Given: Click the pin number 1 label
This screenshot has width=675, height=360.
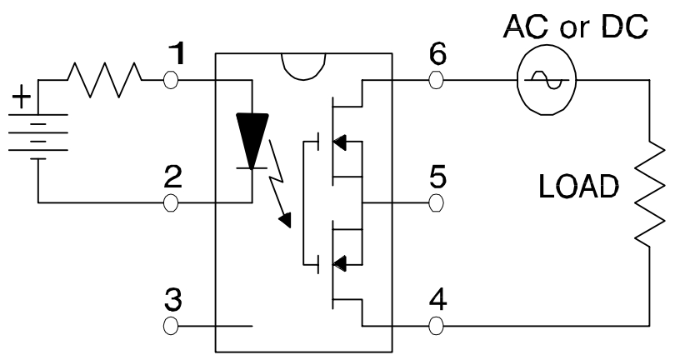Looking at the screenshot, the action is pos(177,53).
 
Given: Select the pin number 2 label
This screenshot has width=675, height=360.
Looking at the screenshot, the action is pos(173,177).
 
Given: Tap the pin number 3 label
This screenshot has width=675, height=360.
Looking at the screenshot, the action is pos(173,300).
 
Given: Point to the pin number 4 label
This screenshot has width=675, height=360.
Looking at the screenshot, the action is pos(438,300).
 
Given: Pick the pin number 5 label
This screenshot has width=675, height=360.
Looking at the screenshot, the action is pos(437,177).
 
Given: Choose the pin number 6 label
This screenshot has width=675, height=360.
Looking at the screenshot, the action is pos(437,53).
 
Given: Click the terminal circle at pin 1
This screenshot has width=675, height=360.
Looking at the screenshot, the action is pos(171,80).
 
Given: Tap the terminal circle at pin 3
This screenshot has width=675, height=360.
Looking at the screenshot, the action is pos(171,326).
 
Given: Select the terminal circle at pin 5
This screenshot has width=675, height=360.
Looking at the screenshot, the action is pos(436,202).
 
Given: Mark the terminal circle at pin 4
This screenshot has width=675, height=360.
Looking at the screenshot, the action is pos(436,326).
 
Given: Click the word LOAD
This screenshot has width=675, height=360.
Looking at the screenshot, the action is pos(578,187).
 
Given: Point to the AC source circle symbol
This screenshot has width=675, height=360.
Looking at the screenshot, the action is pos(547,81).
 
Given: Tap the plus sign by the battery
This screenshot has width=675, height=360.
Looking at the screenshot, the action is pos(22,97).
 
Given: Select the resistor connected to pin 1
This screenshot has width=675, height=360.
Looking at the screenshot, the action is pos(104,80).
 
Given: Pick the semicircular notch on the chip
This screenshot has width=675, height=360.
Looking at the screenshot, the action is pos(303,67).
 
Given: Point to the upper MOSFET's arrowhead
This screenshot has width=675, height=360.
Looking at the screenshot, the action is pos(339,142).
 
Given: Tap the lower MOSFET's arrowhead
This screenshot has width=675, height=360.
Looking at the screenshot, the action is pos(339,263).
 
